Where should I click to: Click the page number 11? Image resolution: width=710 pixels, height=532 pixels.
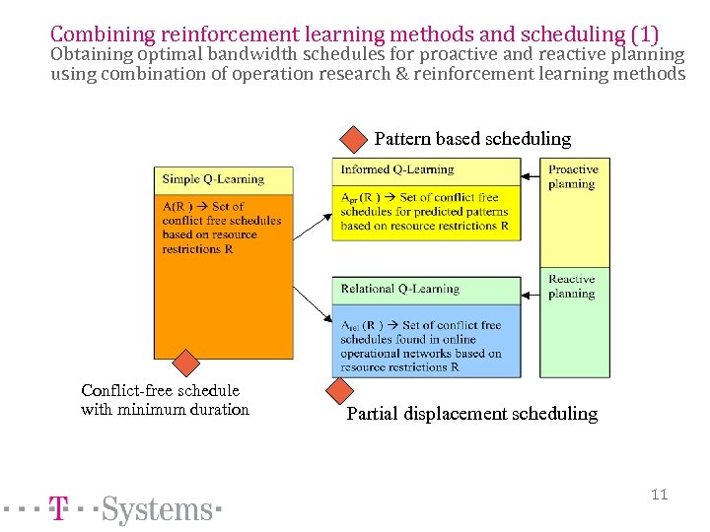pyautogui.click(x=659, y=494)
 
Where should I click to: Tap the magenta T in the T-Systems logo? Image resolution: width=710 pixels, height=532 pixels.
pyautogui.click(x=59, y=509)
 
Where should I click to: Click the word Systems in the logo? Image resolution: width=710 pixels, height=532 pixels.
pyautogui.click(x=157, y=510)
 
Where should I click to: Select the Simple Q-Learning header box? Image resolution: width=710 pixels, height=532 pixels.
pyautogui.click(x=224, y=179)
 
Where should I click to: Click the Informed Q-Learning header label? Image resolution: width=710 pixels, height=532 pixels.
pyautogui.click(x=397, y=169)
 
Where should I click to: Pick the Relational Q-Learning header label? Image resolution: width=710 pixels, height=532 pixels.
pyautogui.click(x=400, y=289)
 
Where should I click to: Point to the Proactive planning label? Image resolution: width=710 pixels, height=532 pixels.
pyautogui.click(x=573, y=176)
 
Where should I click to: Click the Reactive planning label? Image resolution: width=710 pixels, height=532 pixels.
pyautogui.click(x=572, y=286)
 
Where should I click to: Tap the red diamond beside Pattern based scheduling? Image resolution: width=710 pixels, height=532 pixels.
pyautogui.click(x=352, y=138)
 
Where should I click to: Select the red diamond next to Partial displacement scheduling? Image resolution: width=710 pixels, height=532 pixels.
pyautogui.click(x=339, y=391)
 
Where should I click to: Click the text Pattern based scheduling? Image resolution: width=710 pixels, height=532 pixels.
pyautogui.click(x=472, y=139)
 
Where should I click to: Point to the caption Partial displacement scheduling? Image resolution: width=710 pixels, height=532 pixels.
pyautogui.click(x=472, y=414)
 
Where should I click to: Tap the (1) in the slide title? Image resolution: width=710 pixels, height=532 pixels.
pyautogui.click(x=644, y=34)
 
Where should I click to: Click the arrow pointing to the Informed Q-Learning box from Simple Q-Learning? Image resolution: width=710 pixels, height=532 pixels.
pyautogui.click(x=314, y=228)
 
